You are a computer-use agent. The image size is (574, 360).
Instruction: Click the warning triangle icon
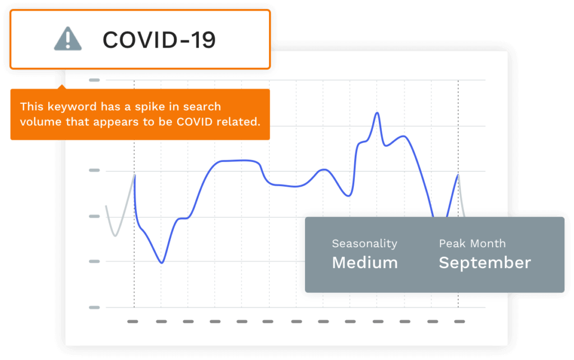pos(68,39)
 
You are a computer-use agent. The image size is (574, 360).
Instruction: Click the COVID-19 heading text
pos(159,40)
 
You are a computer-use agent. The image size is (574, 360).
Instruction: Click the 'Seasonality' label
pos(364,243)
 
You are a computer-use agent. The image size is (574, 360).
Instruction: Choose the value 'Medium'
pos(364,262)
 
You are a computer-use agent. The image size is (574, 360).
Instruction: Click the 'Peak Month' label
pos(472,243)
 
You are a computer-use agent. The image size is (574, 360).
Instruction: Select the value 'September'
pos(485,263)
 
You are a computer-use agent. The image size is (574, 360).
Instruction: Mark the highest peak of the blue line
pos(377,113)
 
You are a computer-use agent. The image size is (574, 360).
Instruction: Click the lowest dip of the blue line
pos(161,263)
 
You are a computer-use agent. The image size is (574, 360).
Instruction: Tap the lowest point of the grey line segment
pos(115,236)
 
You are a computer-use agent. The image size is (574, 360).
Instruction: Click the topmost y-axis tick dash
pos(94,80)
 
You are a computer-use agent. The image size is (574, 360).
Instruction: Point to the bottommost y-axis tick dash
pos(94,307)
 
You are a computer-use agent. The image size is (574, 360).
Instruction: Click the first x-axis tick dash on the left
pos(132,321)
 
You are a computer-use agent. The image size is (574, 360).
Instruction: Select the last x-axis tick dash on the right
pos(460,321)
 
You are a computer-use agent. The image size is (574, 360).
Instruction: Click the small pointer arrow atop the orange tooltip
pos(62,87)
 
